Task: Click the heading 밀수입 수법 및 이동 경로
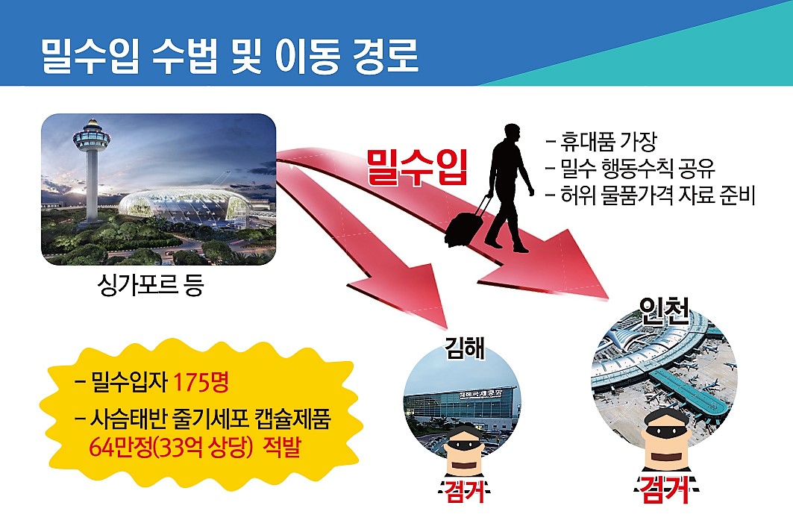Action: pos(229,56)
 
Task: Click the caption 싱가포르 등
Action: pos(151,285)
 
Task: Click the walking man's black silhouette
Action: pos(507,187)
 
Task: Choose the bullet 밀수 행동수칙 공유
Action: pos(630,169)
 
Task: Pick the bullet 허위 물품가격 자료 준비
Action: pos(650,195)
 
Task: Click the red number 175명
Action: pos(201,382)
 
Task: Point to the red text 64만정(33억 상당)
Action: pos(171,447)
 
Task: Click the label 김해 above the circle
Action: pos(464,348)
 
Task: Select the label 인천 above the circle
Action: pos(664,310)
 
